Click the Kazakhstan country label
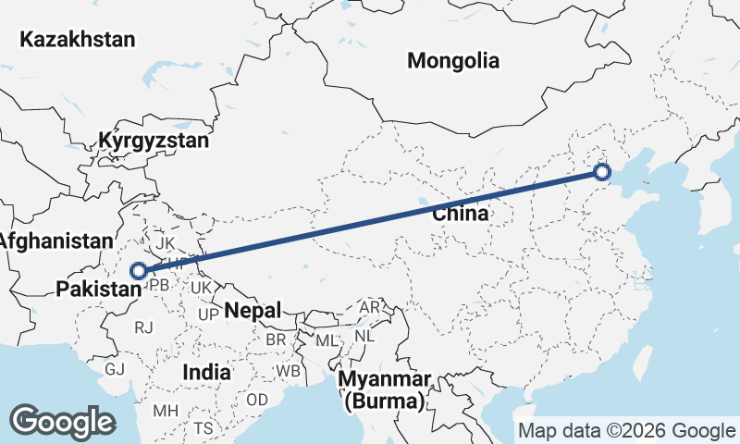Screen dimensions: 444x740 coord(78,39)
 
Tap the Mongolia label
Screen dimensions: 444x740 coord(453,61)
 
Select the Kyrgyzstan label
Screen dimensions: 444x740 coord(154,142)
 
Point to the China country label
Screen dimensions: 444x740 coord(460,215)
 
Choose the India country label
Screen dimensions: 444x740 coord(206,372)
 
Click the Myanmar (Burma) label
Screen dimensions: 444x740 coord(383,390)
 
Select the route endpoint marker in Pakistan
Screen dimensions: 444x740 coord(139,271)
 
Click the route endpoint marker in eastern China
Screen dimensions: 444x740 coord(602,171)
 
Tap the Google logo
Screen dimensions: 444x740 coord(62,422)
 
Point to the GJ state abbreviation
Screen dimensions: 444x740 coord(115,369)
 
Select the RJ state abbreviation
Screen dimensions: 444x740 coord(143,327)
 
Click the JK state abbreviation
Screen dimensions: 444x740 coord(166,243)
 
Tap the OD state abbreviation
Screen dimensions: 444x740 coord(257,399)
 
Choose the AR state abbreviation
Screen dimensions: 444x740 coord(369,307)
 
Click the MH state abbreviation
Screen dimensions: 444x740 coord(166,410)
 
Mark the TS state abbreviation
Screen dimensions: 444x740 coord(203,428)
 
